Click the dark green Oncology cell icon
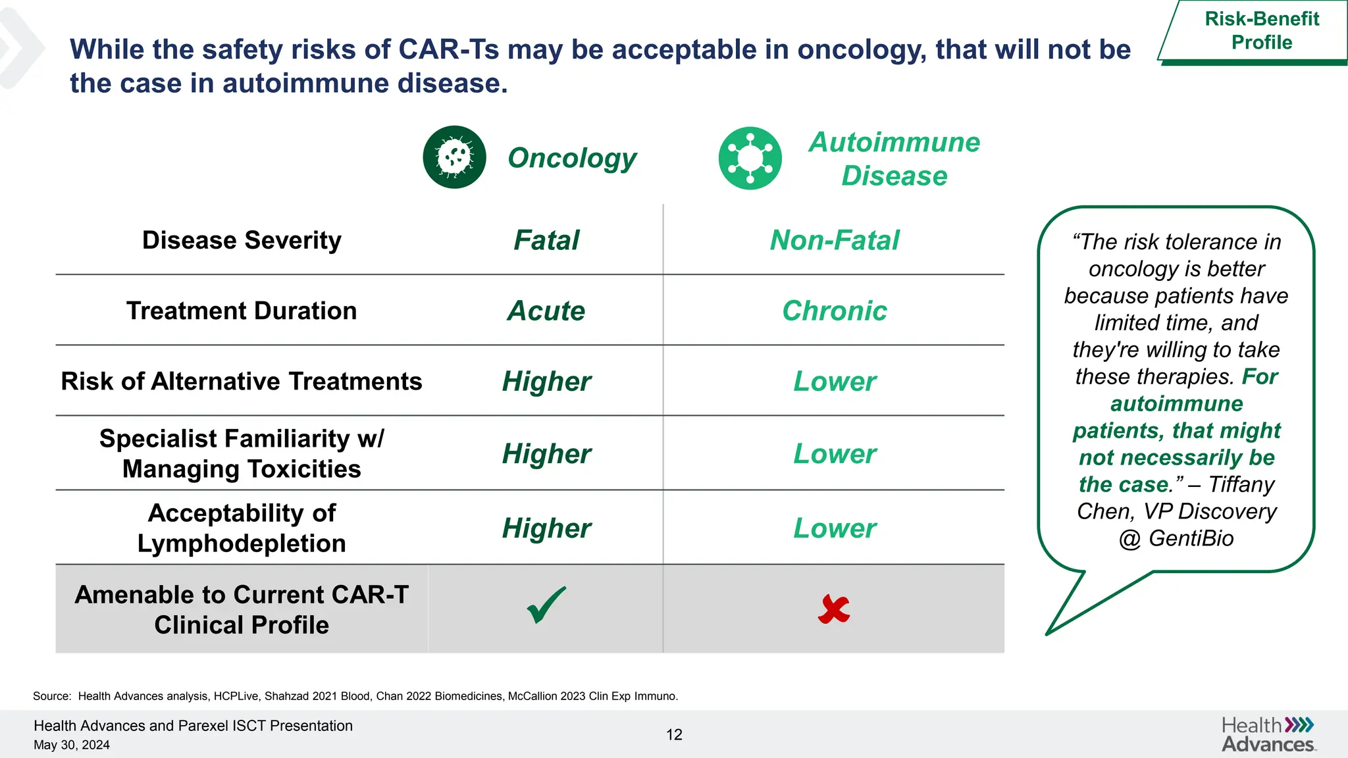click(454, 157)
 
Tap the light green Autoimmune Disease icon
click(750, 159)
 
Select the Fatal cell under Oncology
click(546, 240)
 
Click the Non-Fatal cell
click(834, 240)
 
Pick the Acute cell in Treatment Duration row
click(546, 311)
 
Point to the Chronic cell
click(834, 311)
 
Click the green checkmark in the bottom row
click(546, 605)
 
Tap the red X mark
click(834, 609)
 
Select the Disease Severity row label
click(242, 240)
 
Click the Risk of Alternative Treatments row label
click(242, 381)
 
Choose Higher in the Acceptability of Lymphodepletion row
click(546, 528)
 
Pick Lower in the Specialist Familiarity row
click(834, 454)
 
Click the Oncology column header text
click(572, 158)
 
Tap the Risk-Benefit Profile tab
click(1261, 31)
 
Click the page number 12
click(674, 735)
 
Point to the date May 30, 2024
click(72, 745)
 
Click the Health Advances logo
click(1268, 734)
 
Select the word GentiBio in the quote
click(1191, 538)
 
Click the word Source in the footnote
click(51, 696)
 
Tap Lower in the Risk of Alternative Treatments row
click(834, 382)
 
